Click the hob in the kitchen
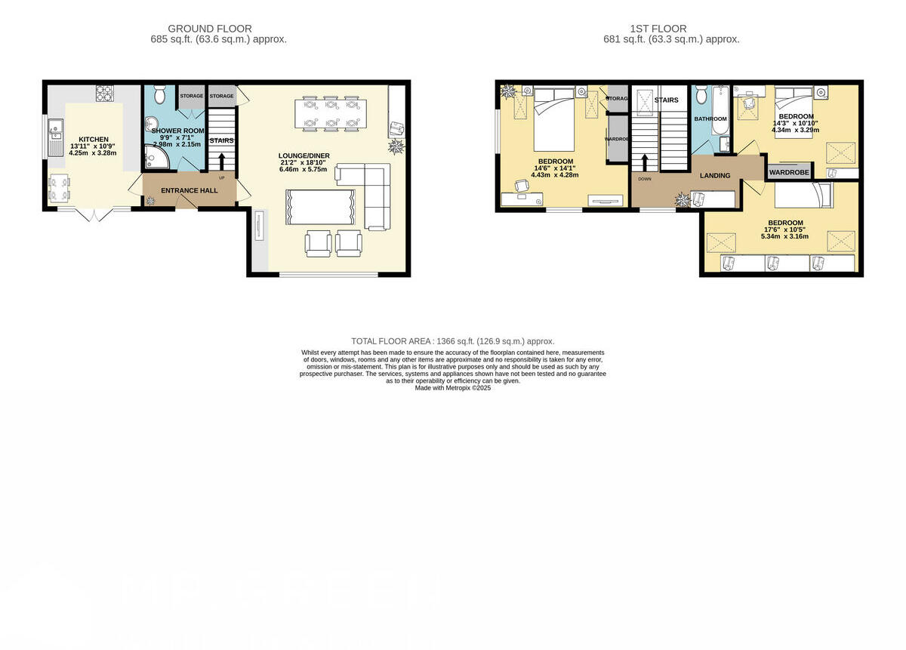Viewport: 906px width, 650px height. click(104, 93)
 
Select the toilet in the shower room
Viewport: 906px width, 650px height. click(159, 94)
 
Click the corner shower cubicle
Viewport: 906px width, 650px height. click(153, 156)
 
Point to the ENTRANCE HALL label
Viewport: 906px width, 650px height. click(189, 191)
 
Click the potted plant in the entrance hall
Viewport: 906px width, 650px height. click(150, 200)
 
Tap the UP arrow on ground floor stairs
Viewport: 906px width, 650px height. click(222, 161)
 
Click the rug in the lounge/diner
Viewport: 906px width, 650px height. click(320, 206)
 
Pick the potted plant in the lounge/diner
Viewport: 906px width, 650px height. click(395, 146)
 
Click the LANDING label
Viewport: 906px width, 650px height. click(715, 176)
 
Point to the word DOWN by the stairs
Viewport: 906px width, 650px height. click(644, 179)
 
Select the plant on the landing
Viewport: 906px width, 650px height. click(683, 199)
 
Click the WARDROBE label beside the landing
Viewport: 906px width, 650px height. click(789, 173)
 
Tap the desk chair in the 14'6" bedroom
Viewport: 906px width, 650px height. click(522, 186)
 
